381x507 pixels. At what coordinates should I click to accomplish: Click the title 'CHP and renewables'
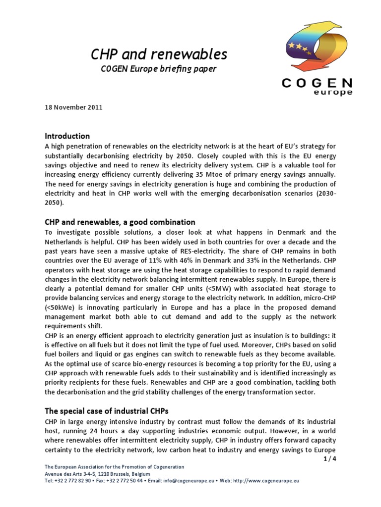(x=159, y=53)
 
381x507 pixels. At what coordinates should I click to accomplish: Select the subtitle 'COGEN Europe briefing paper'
(x=159, y=69)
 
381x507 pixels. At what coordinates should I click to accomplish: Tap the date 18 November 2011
(x=74, y=107)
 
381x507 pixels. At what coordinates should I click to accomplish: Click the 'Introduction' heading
(x=67, y=136)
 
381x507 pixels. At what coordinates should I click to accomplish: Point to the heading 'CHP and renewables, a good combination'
(x=120, y=222)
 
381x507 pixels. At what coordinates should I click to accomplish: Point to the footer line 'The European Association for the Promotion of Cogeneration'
(x=114, y=467)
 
